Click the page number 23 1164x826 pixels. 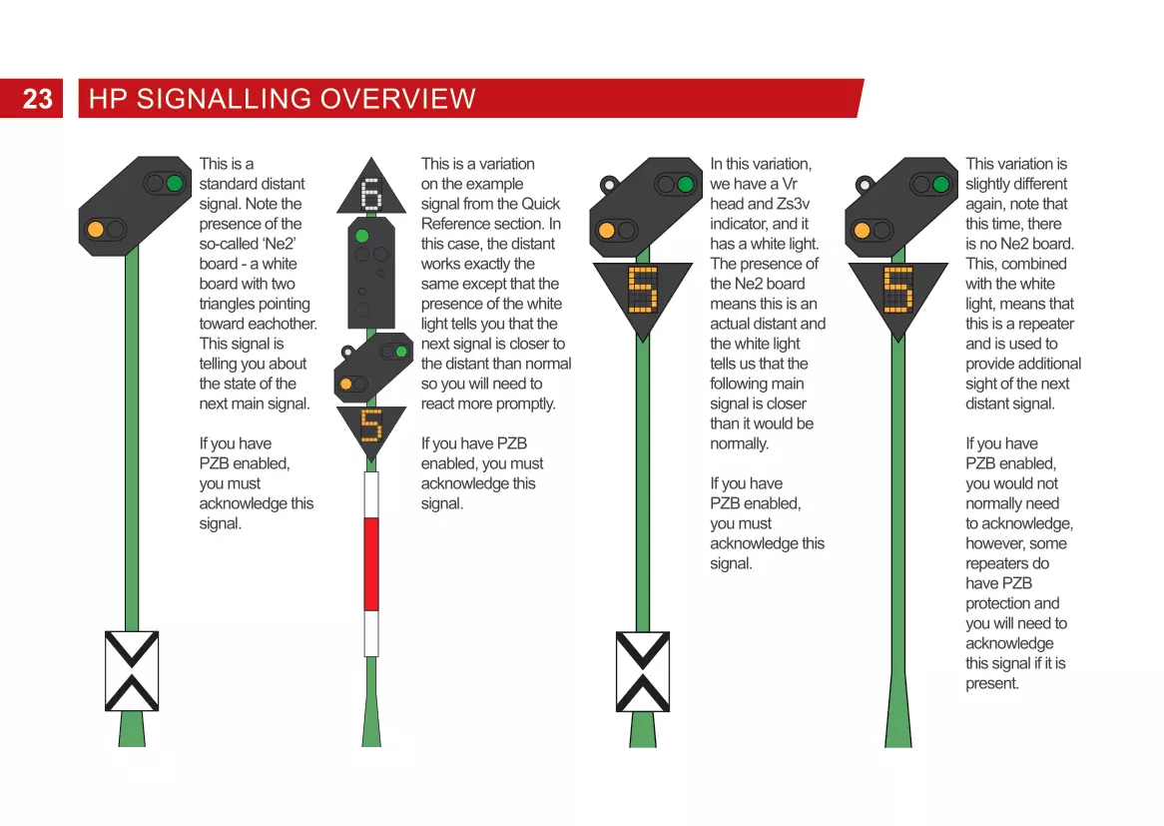pos(37,99)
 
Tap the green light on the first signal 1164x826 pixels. pos(176,184)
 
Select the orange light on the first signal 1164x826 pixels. pos(96,229)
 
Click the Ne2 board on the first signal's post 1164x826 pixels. pos(132,671)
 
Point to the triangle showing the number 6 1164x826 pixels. pos(371,193)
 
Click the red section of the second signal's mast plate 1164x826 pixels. pos(371,563)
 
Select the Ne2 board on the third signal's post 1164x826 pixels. pos(643,671)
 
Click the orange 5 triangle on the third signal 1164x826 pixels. pos(642,291)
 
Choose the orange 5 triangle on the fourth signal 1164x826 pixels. pos(897,291)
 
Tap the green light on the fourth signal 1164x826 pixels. pos(941,184)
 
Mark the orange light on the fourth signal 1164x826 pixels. pos(862,231)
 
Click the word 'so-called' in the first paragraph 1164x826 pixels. pos(230,244)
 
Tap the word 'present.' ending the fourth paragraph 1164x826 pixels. pos(991,683)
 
